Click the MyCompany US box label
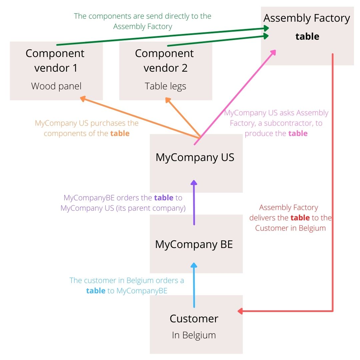coord(195,157)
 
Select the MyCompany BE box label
coord(194,244)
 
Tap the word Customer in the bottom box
coord(194,319)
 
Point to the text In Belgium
coord(194,335)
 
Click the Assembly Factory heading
coord(307,18)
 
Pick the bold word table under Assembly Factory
coord(307,36)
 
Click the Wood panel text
coord(56,86)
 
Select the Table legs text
coord(166,86)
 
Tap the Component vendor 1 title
coord(55,60)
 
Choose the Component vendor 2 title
coord(165,60)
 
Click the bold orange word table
coord(120,133)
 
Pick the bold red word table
coord(300,218)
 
